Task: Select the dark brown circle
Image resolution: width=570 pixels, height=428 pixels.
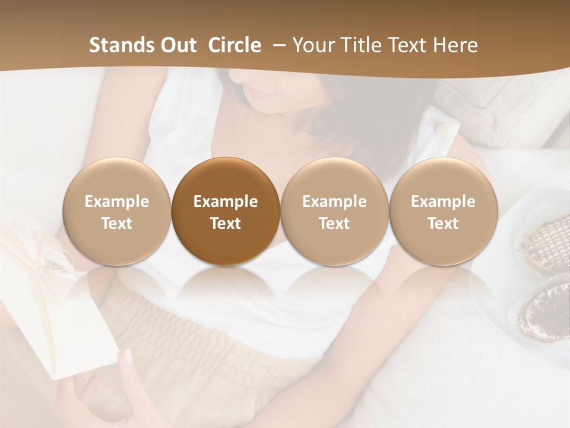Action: click(x=226, y=212)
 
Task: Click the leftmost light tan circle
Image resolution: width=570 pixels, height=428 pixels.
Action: click(x=117, y=212)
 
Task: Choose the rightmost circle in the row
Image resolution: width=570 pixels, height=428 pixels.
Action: click(x=443, y=212)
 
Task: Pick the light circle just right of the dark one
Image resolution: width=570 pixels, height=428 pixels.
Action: click(x=334, y=212)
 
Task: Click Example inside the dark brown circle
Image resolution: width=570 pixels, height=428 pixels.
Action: click(x=226, y=202)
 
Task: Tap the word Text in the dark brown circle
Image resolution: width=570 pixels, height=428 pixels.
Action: click(x=226, y=224)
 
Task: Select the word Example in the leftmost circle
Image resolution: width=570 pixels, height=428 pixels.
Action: click(x=117, y=202)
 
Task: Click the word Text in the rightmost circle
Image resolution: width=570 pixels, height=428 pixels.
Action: click(x=443, y=224)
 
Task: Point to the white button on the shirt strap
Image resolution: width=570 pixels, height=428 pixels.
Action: click(x=441, y=127)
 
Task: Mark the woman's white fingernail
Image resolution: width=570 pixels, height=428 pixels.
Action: click(x=128, y=356)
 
